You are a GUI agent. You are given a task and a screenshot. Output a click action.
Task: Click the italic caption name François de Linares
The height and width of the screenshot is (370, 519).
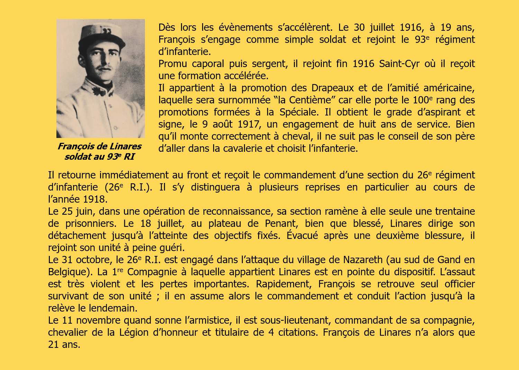[99, 146]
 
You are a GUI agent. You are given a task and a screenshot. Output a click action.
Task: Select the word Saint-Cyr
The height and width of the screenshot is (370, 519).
[399, 64]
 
